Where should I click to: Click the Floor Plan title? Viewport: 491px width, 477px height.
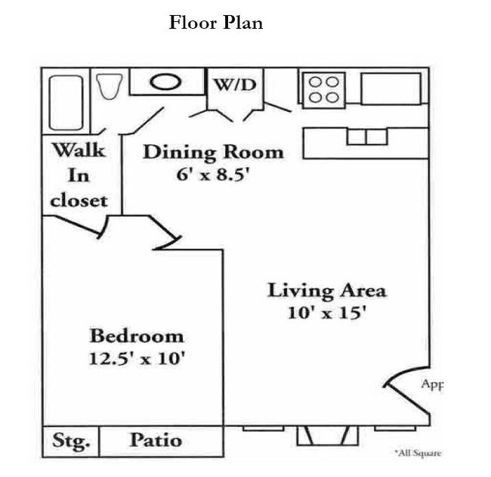pyautogui.click(x=216, y=23)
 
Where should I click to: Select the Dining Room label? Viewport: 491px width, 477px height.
pyautogui.click(x=214, y=151)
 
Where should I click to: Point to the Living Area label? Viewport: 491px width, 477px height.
pyautogui.click(x=327, y=290)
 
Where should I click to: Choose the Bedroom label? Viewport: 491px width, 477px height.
pyautogui.click(x=137, y=335)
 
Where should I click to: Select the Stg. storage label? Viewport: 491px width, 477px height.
pyautogui.click(x=70, y=440)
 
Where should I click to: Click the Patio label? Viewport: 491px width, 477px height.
pyautogui.click(x=155, y=439)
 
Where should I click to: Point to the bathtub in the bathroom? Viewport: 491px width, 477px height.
pyautogui.click(x=66, y=102)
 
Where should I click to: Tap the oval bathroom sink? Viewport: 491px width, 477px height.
pyautogui.click(x=168, y=82)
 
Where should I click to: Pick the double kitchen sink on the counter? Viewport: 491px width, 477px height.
pyautogui.click(x=366, y=137)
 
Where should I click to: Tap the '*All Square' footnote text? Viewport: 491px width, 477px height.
pyautogui.click(x=417, y=453)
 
